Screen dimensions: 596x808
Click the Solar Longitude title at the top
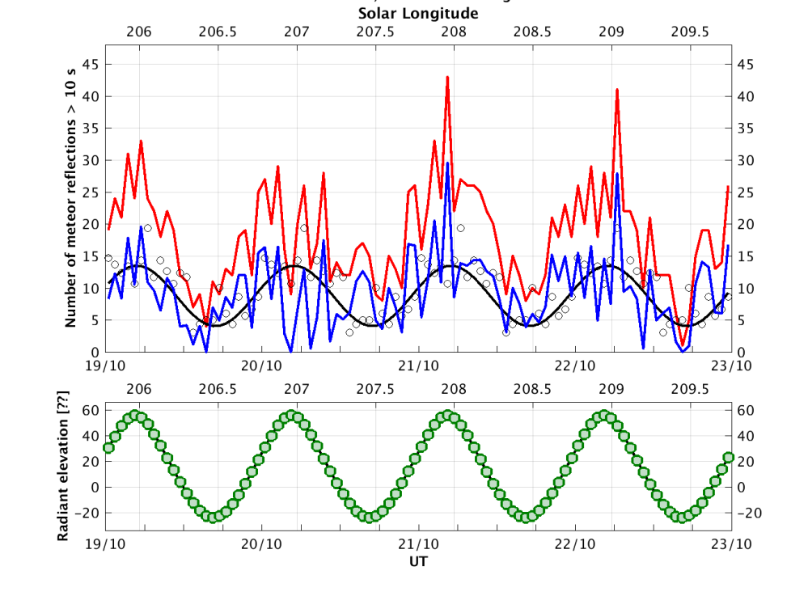pyautogui.click(x=418, y=14)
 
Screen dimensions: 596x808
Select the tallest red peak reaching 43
pyautogui.click(x=447, y=78)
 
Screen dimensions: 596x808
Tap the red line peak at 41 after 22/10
pyautogui.click(x=617, y=90)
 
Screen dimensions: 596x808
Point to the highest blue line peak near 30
pyautogui.click(x=447, y=163)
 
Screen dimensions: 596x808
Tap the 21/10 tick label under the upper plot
pyautogui.click(x=418, y=366)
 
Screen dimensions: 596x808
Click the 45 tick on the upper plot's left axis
pyautogui.click(x=95, y=64)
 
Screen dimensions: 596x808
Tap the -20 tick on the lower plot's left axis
pyautogui.click(x=90, y=513)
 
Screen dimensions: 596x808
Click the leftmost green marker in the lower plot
pyautogui.click(x=108, y=447)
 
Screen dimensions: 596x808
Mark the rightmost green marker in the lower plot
pyautogui.click(x=728, y=457)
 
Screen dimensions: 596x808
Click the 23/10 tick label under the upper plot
pyautogui.click(x=731, y=366)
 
